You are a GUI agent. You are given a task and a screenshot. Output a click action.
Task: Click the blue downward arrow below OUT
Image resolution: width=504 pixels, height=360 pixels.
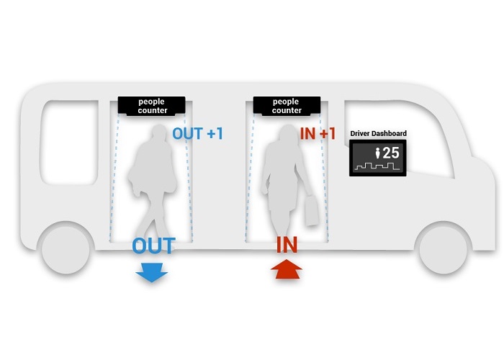point(152,272)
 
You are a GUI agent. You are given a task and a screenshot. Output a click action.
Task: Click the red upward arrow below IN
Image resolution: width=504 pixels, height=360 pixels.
point(287,272)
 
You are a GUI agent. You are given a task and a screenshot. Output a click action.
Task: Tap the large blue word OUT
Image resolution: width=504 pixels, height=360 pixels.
point(153,246)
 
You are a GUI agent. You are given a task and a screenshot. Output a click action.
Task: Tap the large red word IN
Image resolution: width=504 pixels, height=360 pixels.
point(287,246)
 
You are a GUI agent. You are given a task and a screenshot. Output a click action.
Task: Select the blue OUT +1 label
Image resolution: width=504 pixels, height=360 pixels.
point(197,134)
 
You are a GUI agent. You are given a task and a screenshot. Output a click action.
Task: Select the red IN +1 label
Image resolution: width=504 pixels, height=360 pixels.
point(318,134)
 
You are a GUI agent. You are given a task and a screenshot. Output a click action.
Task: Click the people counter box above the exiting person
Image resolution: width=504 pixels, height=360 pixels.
point(152,106)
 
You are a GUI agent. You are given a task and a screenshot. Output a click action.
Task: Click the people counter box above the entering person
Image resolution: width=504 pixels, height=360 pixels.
point(287,106)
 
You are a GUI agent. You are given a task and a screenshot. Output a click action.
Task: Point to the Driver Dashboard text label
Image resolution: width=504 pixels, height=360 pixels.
point(378,133)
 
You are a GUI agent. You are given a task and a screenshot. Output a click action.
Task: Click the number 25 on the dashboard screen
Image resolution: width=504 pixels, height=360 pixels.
point(390,153)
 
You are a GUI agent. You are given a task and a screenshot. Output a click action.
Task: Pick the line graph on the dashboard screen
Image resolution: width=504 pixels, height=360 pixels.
point(377,167)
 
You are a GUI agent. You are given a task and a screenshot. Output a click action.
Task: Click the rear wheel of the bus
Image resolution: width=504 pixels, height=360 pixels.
point(66,248)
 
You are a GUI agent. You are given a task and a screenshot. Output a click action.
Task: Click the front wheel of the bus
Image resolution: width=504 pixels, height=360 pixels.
point(442,248)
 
